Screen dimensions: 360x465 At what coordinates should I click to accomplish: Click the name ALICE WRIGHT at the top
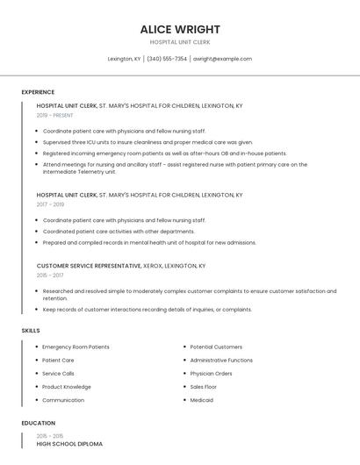click(x=179, y=29)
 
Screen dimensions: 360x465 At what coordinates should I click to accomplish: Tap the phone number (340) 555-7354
click(x=167, y=59)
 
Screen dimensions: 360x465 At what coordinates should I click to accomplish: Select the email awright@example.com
click(x=222, y=59)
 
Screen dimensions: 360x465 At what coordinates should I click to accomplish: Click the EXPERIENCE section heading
click(x=38, y=92)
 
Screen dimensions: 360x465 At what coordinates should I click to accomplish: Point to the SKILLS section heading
click(x=31, y=331)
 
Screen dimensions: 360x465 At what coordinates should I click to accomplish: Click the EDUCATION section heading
click(x=39, y=423)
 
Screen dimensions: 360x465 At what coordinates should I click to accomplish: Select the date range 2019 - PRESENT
click(x=55, y=115)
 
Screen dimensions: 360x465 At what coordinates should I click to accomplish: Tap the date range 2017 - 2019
click(x=50, y=204)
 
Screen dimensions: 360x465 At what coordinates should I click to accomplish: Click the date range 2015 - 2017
click(x=50, y=275)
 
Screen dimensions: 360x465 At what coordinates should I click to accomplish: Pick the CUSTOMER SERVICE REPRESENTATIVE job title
click(x=89, y=265)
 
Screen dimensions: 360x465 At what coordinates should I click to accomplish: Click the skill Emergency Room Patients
click(x=76, y=347)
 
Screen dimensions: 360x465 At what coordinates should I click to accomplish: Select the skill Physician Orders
click(x=211, y=374)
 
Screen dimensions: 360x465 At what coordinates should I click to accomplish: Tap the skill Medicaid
click(x=201, y=400)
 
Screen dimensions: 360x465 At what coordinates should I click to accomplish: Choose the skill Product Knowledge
click(x=67, y=387)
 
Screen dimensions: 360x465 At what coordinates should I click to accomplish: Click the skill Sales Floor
click(x=203, y=387)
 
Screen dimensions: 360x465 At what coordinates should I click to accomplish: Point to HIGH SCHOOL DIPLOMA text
click(x=69, y=444)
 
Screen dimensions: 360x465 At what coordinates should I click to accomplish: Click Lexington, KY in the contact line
click(x=124, y=59)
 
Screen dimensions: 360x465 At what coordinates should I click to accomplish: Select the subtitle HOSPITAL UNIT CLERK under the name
click(x=179, y=42)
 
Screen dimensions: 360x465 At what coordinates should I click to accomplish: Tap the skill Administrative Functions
click(x=221, y=361)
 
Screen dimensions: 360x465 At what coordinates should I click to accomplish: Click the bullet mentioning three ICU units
click(x=147, y=142)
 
